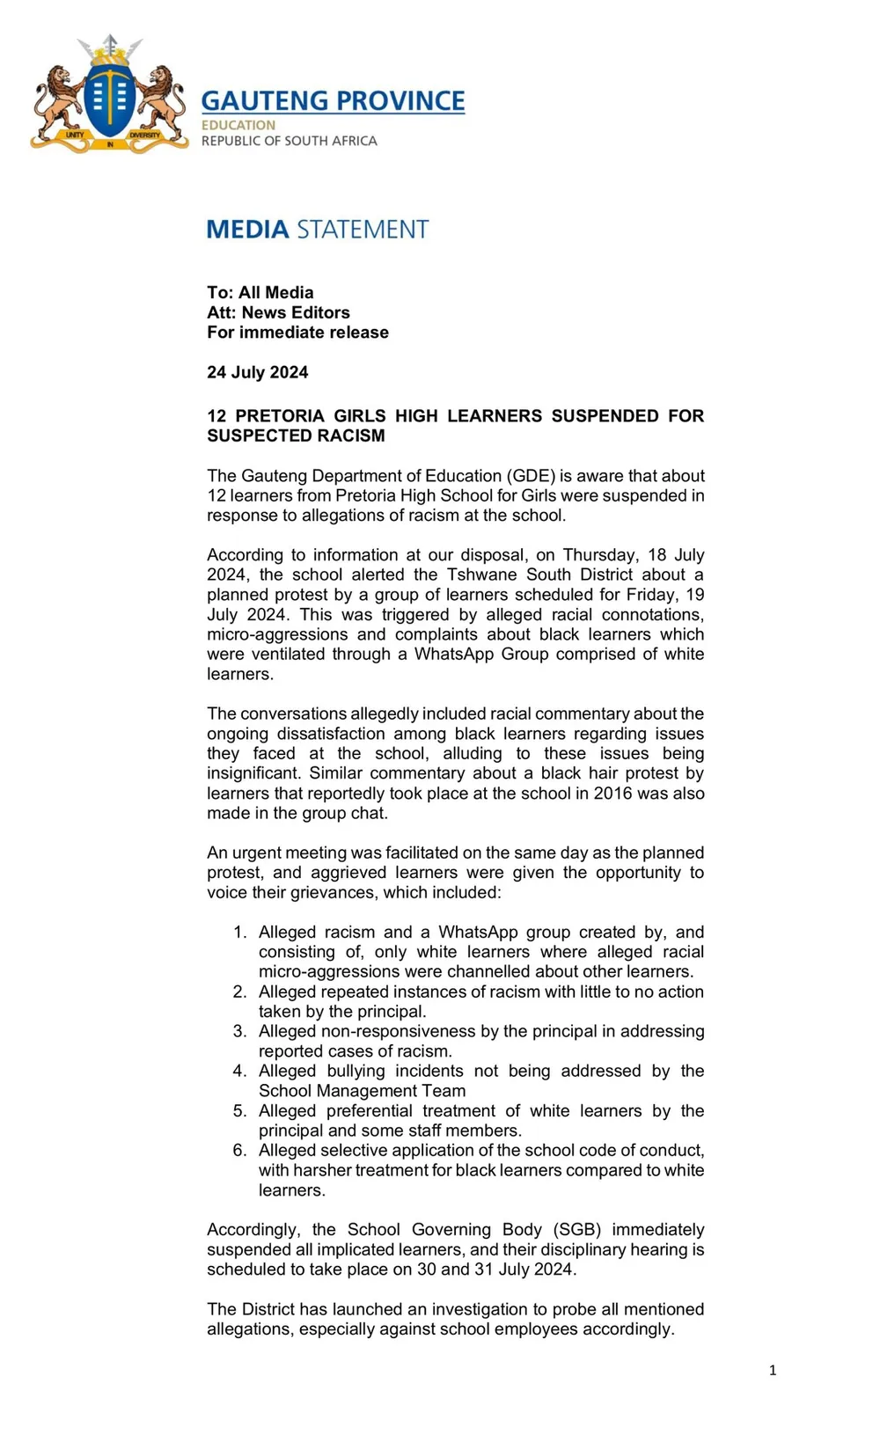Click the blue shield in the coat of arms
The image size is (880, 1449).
[110, 99]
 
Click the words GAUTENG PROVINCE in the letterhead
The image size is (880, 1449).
[333, 101]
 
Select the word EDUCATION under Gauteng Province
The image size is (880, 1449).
[238, 125]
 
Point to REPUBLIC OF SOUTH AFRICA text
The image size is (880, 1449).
[289, 141]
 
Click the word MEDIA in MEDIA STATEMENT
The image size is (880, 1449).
[247, 230]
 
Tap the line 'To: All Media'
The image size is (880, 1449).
[260, 292]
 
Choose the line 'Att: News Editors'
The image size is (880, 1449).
[278, 312]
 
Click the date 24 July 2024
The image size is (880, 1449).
[258, 372]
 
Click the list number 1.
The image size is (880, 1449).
[239, 932]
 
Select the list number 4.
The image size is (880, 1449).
[239, 1071]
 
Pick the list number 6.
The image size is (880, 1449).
[239, 1150]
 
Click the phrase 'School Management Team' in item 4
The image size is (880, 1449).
[362, 1091]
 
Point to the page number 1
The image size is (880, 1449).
[773, 1370]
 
